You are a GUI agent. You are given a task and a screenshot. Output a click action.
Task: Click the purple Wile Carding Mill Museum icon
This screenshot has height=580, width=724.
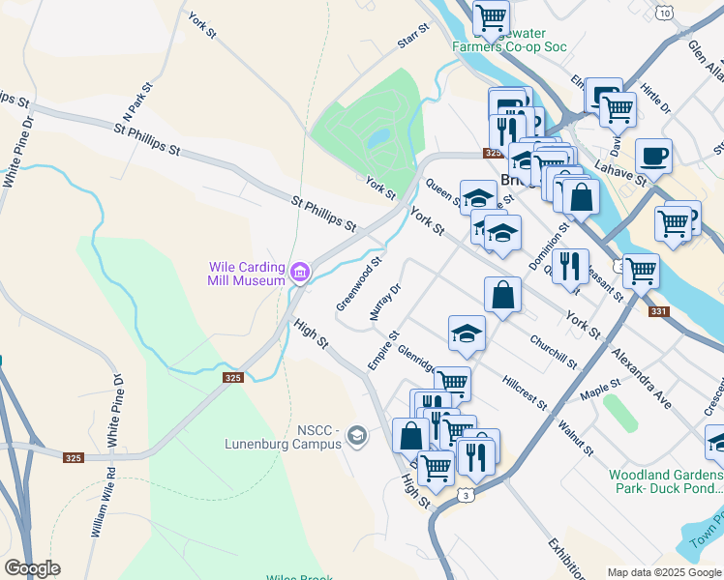point(300,274)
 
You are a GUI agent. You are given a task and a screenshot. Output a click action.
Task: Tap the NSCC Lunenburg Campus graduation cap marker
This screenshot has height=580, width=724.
point(357,437)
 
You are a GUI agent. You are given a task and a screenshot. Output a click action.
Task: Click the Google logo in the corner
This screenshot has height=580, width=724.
point(32,568)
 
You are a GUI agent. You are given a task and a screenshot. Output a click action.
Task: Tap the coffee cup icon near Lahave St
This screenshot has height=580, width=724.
point(653,156)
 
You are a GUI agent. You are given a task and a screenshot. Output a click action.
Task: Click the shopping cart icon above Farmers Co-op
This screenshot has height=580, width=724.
point(492,15)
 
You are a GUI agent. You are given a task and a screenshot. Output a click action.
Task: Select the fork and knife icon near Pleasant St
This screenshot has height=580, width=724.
point(570,265)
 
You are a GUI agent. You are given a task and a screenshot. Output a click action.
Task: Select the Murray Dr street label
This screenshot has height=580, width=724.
point(384,303)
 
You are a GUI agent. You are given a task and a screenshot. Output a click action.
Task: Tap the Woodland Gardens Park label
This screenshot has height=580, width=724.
point(666,481)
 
